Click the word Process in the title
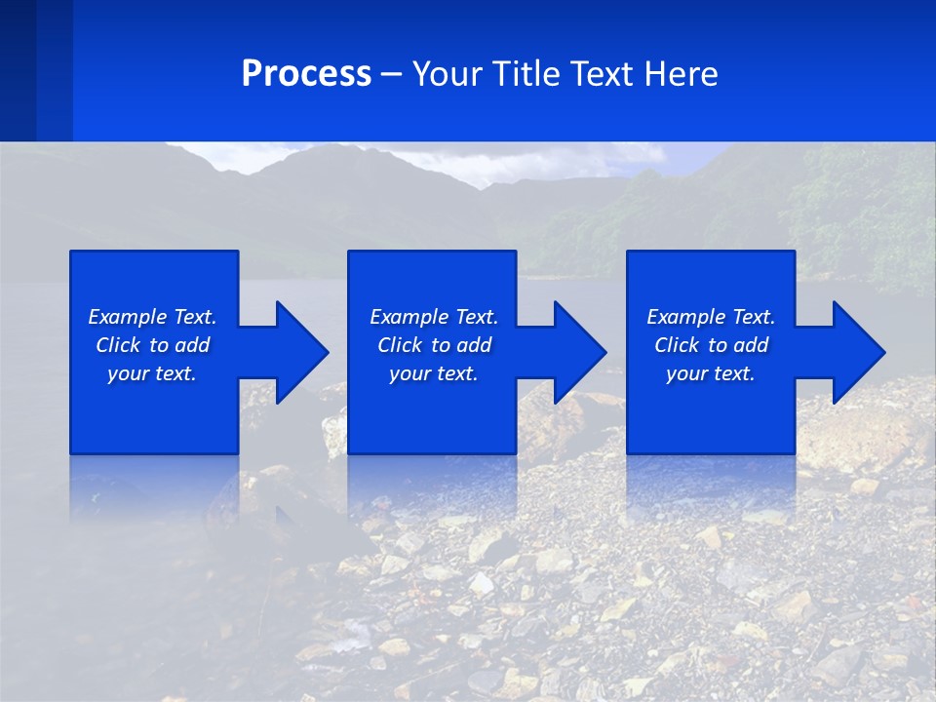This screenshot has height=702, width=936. click(306, 74)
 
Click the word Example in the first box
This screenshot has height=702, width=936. click(128, 317)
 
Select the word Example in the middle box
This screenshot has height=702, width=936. click(409, 317)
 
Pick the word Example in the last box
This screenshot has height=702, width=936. click(686, 317)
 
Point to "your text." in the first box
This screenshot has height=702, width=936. click(152, 373)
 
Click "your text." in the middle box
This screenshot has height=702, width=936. click(434, 373)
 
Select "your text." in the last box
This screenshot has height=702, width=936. click(711, 373)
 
